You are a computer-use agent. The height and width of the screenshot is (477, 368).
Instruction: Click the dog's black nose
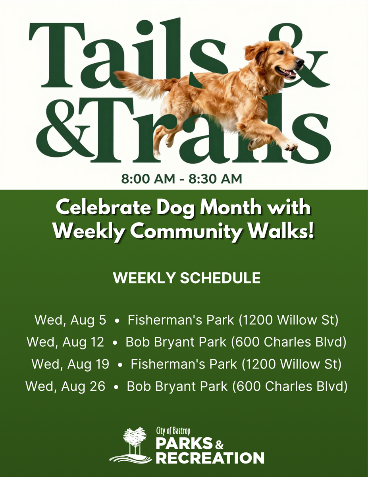coord(299,62)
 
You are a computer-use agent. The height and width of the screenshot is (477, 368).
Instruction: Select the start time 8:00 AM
coord(148,179)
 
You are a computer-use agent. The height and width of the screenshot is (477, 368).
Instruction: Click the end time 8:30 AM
coord(216,179)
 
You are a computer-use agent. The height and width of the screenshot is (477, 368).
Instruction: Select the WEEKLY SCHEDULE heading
coord(187,278)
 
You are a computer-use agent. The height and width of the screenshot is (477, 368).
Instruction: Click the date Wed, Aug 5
coord(70,320)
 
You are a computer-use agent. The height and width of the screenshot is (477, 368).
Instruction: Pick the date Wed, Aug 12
coord(66,342)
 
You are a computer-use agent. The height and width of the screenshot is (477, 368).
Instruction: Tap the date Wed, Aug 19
coord(70,364)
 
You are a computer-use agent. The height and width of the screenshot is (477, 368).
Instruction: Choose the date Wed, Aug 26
coord(66,386)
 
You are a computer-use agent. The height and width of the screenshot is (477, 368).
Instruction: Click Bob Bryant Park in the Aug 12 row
coord(176,342)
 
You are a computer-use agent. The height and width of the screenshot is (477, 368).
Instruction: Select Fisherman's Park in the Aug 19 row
coord(184,364)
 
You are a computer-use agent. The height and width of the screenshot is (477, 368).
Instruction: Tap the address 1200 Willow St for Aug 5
coord(289,320)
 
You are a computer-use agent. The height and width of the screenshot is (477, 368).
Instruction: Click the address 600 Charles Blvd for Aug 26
coord(289,386)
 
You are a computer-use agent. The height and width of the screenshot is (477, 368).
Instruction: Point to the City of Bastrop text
coord(173,430)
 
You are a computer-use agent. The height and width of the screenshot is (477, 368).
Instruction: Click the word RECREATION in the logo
coord(211,458)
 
